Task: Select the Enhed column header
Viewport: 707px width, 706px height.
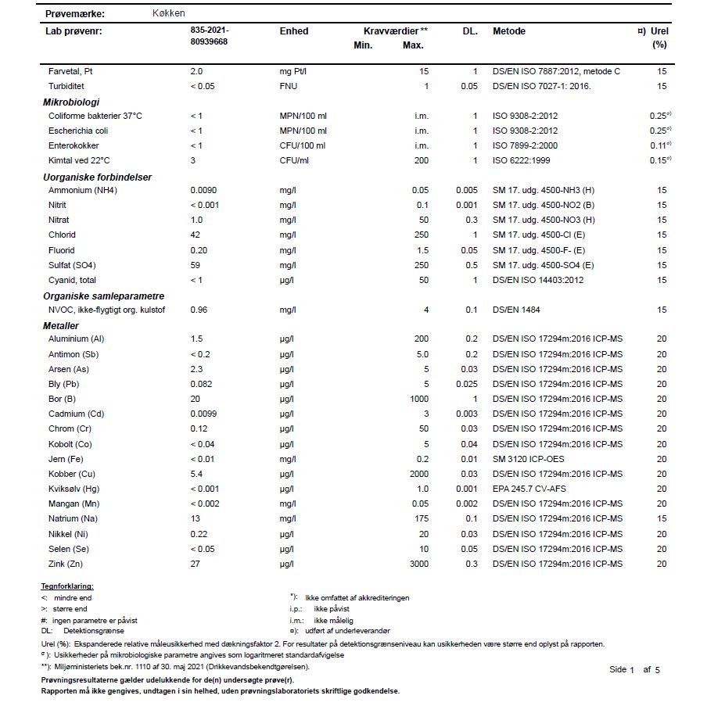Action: point(294,31)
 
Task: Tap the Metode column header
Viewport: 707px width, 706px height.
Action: point(509,31)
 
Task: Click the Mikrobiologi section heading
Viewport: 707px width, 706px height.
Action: point(70,102)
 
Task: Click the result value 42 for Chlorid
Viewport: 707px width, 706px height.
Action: point(196,235)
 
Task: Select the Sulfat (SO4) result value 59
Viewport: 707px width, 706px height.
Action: point(196,265)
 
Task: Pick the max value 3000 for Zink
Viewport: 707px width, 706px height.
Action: point(420,564)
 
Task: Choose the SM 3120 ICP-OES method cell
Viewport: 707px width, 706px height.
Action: point(528,459)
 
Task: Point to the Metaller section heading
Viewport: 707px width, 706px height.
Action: point(61,325)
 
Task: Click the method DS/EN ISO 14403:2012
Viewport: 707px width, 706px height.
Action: point(538,280)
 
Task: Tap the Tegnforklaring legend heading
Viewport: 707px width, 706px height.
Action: point(66,586)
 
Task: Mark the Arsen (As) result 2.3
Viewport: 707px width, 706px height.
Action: point(196,369)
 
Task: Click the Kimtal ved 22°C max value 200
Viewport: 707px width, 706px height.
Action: point(422,160)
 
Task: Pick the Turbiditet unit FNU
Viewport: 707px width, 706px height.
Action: point(289,86)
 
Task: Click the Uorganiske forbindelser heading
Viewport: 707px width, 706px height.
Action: point(97,177)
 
